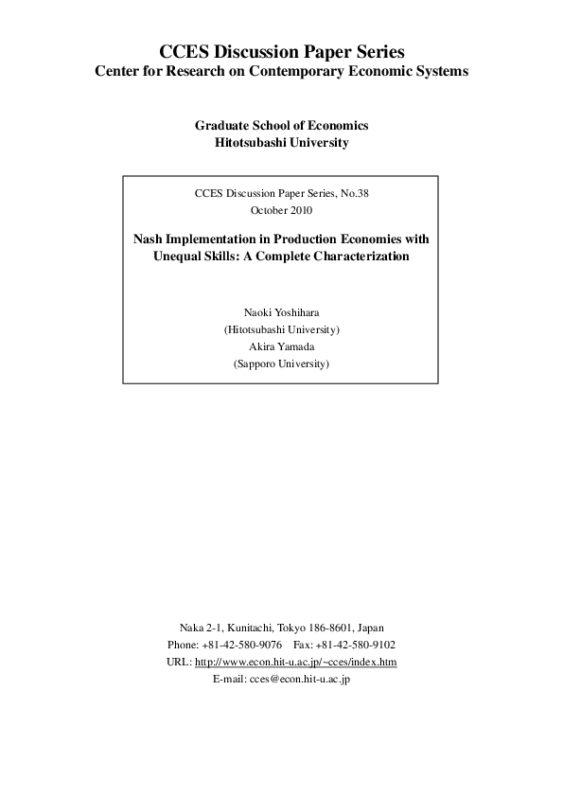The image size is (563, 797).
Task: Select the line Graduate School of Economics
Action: (x=281, y=125)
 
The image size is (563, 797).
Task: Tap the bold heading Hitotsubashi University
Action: (x=282, y=143)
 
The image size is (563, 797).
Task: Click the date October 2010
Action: (x=281, y=210)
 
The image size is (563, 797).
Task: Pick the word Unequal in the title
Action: (x=177, y=257)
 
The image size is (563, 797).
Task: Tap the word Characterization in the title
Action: (x=359, y=257)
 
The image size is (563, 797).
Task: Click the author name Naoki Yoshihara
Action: (x=281, y=311)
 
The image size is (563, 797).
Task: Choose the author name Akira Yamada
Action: (x=281, y=346)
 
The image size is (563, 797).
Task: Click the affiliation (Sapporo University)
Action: (x=281, y=363)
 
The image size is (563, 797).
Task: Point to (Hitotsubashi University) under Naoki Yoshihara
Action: (x=281, y=329)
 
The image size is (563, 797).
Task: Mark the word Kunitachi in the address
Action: (x=244, y=628)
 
